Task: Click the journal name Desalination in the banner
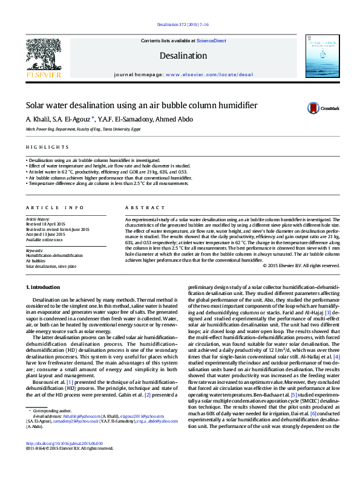tap(180, 55)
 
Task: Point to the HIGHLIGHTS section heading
tap(47, 148)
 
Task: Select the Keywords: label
tap(34, 250)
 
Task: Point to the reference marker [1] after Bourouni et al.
tap(70, 382)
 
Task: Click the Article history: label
tap(39, 219)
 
